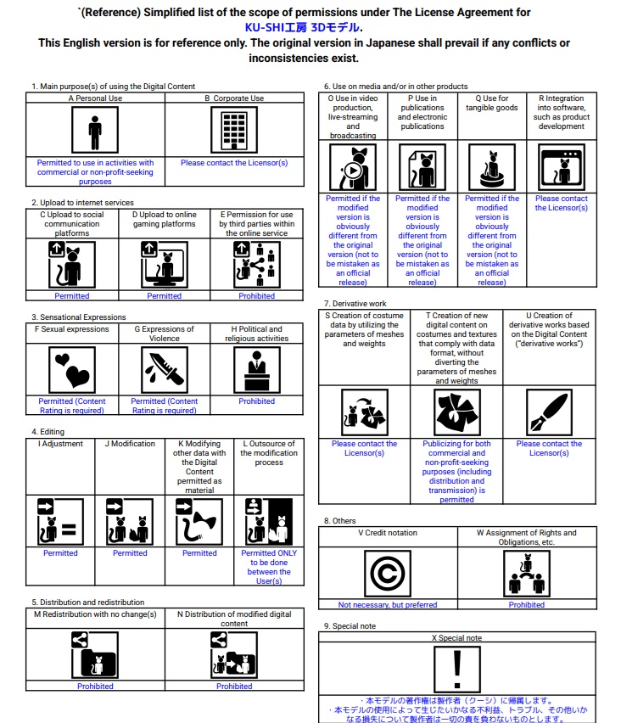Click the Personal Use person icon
[95, 131]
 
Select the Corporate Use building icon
[233, 131]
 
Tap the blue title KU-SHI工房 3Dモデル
[310, 27]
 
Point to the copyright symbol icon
[387, 574]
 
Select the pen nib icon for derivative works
[550, 412]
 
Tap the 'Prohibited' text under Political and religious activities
[256, 401]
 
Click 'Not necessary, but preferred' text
[387, 605]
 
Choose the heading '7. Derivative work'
[355, 303]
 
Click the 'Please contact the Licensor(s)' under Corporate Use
[234, 163]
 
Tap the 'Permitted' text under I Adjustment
[60, 553]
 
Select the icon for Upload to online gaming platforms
[165, 265]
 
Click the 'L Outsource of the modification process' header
[267, 453]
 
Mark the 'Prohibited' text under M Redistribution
[95, 687]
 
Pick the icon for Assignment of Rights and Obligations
[526, 574]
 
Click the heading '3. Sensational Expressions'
[78, 317]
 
